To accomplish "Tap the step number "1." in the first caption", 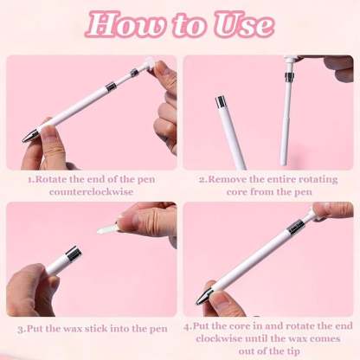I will (x=30, y=180).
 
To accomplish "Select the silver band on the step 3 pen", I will (x=73, y=253).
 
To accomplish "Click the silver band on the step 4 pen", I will (x=295, y=227).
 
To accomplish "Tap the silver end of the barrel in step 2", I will (x=222, y=102).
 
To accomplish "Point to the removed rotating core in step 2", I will (x=286, y=112).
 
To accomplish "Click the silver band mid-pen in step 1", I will (x=110, y=86).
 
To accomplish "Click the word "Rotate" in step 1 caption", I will (x=53, y=180).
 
